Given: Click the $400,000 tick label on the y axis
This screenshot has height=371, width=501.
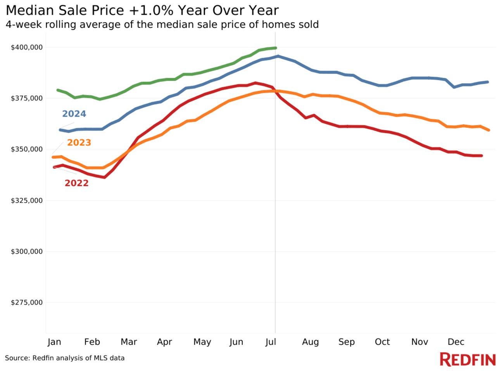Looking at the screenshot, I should (26, 47).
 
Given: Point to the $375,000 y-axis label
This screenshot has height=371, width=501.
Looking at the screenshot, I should (26, 98).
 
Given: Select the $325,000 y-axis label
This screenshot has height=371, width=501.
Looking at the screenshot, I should (26, 201).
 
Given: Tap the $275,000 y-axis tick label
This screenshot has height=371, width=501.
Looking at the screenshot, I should (26, 302).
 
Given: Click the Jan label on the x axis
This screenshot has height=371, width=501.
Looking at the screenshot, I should (54, 342).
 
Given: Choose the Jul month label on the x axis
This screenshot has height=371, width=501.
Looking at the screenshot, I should (271, 342).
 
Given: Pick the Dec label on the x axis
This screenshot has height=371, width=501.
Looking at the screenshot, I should (456, 342).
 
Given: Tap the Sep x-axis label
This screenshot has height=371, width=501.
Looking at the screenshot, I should (346, 342).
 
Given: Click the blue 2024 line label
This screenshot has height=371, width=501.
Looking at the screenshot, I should (74, 114).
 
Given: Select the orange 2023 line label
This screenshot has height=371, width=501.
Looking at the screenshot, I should (79, 143).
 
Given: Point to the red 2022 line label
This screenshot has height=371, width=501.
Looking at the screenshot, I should (76, 183).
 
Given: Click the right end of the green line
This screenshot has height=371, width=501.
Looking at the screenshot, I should (275, 48).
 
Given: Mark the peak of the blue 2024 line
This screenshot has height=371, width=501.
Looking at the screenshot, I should (278, 56).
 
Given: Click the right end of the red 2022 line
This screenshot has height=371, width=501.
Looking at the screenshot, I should (481, 156).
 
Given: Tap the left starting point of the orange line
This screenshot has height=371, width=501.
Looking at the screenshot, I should (53, 157).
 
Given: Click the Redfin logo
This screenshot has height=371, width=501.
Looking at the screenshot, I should (468, 359).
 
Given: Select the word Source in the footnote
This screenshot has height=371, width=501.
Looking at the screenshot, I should (17, 358).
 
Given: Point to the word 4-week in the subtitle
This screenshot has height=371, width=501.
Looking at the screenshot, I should (24, 24).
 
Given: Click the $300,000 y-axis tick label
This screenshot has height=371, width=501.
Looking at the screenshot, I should (26, 252).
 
